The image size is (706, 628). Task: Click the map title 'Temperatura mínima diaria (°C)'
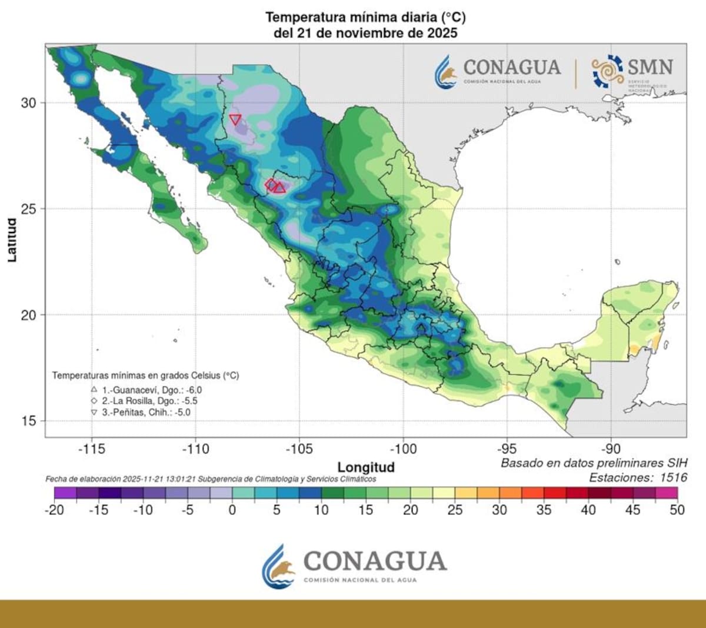[x=365, y=17]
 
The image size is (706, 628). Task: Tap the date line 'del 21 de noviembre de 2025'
[x=365, y=33]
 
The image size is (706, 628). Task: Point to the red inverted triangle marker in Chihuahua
[x=235, y=119]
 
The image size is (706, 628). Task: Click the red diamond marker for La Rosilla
[x=271, y=184]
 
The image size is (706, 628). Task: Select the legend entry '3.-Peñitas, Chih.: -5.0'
[x=146, y=412]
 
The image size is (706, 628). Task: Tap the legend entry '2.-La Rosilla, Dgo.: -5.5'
[x=149, y=401]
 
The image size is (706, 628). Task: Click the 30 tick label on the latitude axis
[x=28, y=103]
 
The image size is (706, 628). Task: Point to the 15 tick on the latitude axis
[x=28, y=421]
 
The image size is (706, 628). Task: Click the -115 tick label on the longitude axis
[x=91, y=449]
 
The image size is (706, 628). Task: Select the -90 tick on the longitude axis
[x=611, y=449]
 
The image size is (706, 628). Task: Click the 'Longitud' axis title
[x=366, y=467]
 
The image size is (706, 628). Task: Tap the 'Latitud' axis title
[x=12, y=240]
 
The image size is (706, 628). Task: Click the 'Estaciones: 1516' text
[x=638, y=477]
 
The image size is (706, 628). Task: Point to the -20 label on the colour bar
[x=54, y=510]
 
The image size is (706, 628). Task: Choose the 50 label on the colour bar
[x=677, y=510]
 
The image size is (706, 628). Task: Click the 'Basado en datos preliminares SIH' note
[x=594, y=463]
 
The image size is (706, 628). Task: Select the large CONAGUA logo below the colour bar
[x=354, y=566]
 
